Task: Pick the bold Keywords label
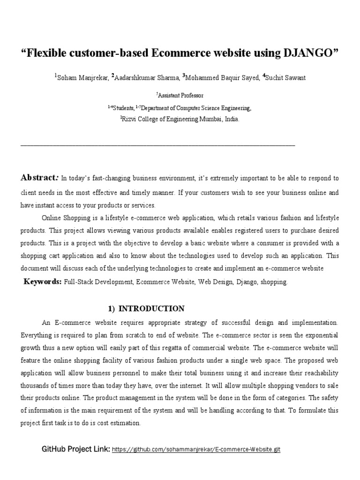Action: pyautogui.click(x=43, y=282)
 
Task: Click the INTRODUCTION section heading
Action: pyautogui.click(x=152, y=308)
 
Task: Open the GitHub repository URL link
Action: pyautogui.click(x=196, y=449)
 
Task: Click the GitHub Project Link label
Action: pyautogui.click(x=76, y=449)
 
